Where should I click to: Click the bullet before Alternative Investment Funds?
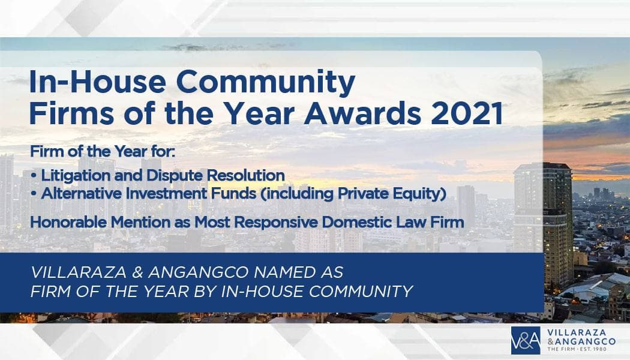click(34, 194)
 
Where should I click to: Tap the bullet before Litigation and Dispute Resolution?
click(34, 176)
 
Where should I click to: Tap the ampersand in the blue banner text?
click(137, 272)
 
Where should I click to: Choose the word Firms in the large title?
click(71, 113)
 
